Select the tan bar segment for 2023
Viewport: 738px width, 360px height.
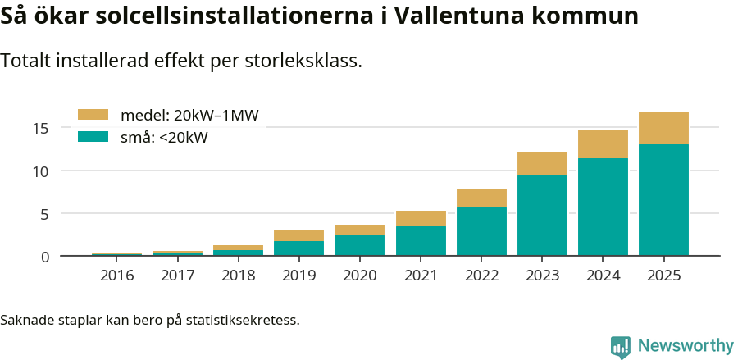(x=542, y=163)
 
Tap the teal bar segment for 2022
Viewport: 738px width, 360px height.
(x=481, y=231)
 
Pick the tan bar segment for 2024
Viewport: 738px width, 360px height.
(x=603, y=144)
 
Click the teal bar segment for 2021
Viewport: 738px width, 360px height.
(x=421, y=241)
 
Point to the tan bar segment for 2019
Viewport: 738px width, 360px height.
(x=298, y=235)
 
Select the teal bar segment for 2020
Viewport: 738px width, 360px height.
(x=359, y=246)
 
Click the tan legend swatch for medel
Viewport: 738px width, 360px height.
(x=93, y=116)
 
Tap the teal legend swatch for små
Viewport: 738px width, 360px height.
(x=93, y=137)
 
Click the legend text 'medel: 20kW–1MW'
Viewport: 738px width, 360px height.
(x=189, y=116)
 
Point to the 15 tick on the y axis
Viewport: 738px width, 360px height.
(x=41, y=128)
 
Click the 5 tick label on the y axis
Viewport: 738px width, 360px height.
(x=45, y=214)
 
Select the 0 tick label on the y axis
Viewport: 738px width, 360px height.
(x=45, y=257)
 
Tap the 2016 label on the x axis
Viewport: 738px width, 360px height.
(x=116, y=276)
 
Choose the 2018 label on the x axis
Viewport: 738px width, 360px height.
(x=238, y=276)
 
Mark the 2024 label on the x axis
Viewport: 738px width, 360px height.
(x=603, y=276)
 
